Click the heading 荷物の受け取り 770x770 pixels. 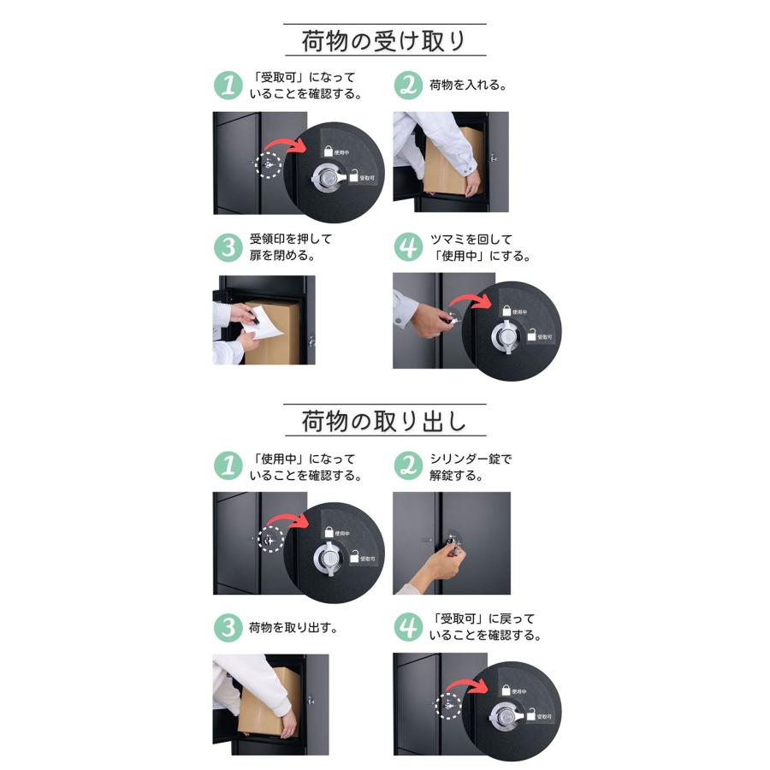coord(383,41)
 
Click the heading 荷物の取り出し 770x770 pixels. coord(383,421)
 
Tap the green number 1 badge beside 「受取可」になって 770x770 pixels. coord(228,86)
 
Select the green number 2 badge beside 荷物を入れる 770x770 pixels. coord(409,86)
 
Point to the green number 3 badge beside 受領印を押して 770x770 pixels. coord(228,247)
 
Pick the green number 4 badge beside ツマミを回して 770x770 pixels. coord(409,247)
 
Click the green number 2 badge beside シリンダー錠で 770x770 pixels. coord(409,466)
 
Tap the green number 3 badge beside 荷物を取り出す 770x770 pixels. coord(228,627)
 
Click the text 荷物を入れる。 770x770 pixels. coord(468,85)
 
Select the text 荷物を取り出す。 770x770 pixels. coord(293,627)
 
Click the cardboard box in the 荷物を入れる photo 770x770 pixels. coord(446,161)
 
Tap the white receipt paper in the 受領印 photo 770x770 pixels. coord(264,322)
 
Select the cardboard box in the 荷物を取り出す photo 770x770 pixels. coord(268,702)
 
